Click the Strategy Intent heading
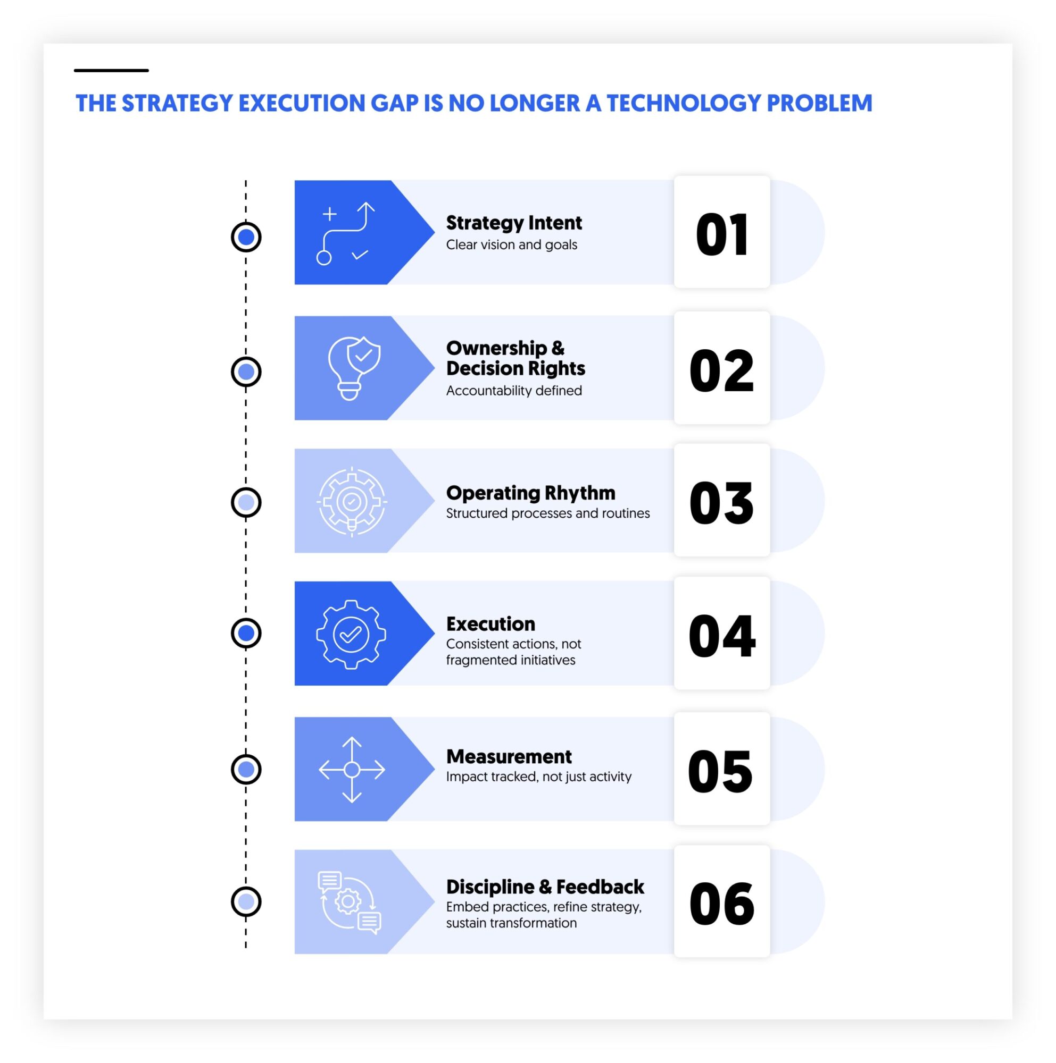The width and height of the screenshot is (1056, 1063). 513,223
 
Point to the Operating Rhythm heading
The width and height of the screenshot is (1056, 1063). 530,493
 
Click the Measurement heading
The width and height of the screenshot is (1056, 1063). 509,756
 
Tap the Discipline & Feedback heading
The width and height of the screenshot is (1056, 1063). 545,887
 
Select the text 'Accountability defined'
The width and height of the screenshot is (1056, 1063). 513,391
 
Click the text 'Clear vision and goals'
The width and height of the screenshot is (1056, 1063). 511,245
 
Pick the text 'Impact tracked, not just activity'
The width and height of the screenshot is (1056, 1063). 538,777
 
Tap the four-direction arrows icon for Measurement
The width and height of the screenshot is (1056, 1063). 351,769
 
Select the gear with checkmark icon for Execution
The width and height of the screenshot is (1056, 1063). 351,635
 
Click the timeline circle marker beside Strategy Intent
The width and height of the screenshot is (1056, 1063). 246,237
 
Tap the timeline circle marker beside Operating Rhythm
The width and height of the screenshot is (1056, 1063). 246,502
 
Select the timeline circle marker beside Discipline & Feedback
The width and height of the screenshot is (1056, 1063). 246,901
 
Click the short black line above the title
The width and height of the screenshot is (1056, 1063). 111,71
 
